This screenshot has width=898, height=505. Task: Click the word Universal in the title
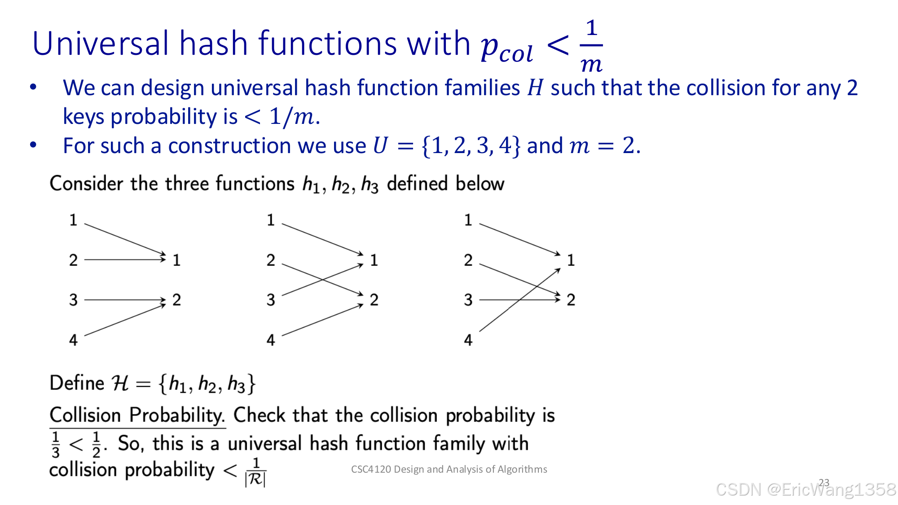pos(101,44)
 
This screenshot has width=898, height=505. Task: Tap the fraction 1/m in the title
pos(591,46)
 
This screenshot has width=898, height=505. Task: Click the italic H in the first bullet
pos(535,88)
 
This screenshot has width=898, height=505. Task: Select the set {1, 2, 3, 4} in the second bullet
pos(471,146)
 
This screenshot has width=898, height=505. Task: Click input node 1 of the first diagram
pos(73,220)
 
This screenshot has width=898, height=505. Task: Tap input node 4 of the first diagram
pos(73,340)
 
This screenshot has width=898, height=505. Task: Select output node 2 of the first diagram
pos(176,300)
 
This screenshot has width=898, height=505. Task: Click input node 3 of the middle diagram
pos(270,300)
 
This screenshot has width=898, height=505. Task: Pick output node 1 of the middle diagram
pos(374,260)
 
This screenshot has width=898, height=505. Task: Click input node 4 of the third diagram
pos(468,340)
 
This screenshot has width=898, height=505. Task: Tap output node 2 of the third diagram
pos(571,300)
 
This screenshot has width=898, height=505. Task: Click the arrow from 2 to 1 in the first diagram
pos(125,259)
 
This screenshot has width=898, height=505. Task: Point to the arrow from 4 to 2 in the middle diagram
pos(322,320)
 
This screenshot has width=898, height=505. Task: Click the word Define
pos(77,383)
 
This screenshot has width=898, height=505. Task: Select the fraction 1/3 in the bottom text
pos(55,444)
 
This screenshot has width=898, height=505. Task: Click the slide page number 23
pos(824,483)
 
